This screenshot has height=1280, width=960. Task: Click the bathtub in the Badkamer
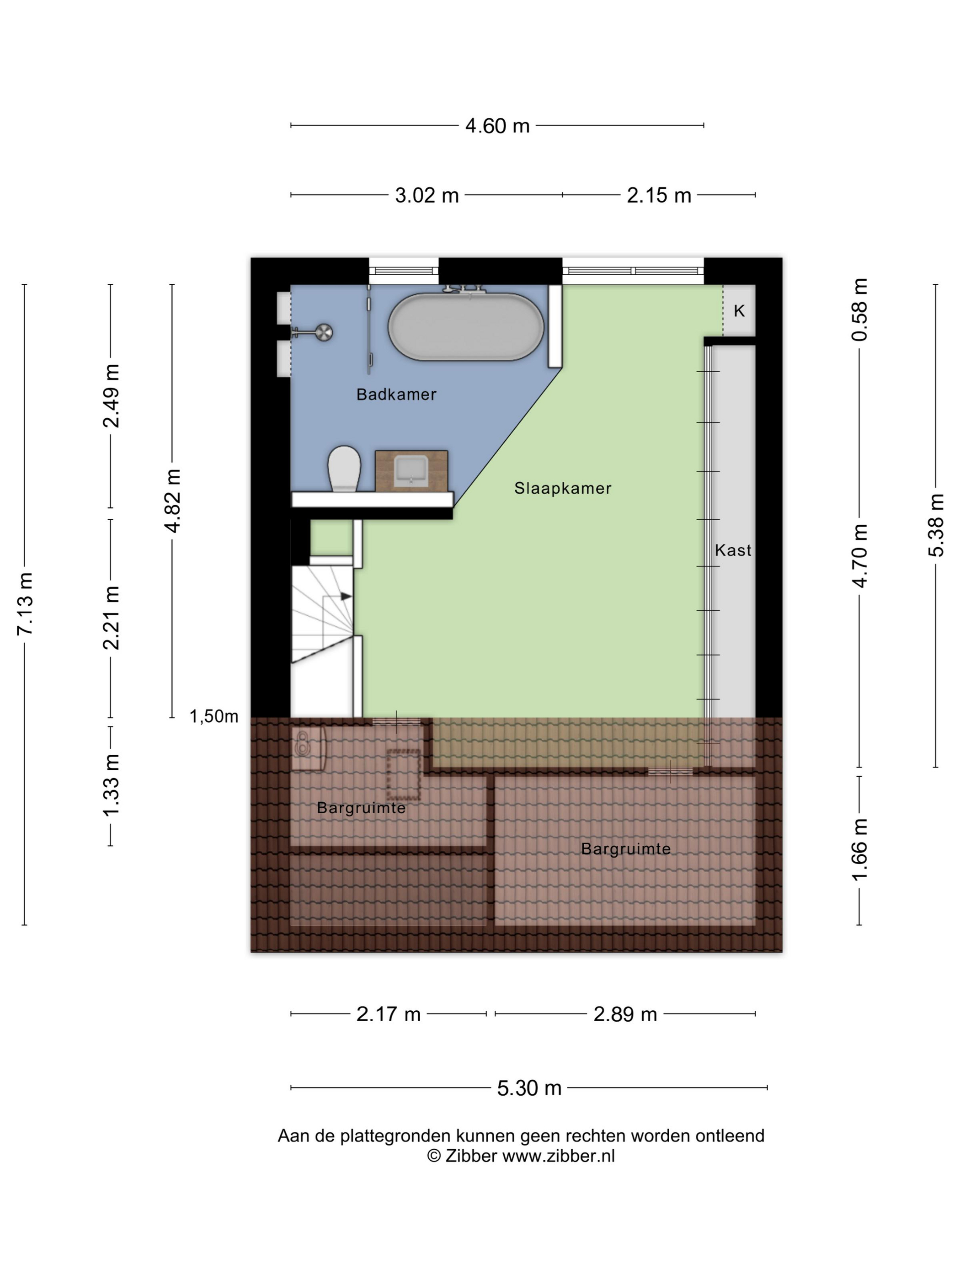pyautogui.click(x=465, y=326)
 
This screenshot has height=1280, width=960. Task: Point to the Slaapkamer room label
pyautogui.click(x=562, y=488)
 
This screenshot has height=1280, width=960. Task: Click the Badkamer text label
pyautogui.click(x=396, y=395)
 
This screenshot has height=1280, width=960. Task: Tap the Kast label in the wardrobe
pyautogui.click(x=733, y=550)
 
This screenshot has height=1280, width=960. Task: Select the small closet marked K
pyautogui.click(x=739, y=311)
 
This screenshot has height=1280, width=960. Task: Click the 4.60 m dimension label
pyautogui.click(x=497, y=126)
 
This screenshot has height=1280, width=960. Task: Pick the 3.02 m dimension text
pyautogui.click(x=427, y=196)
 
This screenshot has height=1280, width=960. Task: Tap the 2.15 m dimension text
pyautogui.click(x=659, y=196)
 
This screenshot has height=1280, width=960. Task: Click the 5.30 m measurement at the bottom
pyautogui.click(x=529, y=1088)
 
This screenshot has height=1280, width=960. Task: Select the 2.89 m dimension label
pyautogui.click(x=625, y=1014)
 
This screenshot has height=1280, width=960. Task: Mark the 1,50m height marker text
pyautogui.click(x=213, y=716)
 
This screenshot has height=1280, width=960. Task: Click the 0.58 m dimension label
pyautogui.click(x=859, y=309)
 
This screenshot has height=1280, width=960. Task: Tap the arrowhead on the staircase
pyautogui.click(x=346, y=596)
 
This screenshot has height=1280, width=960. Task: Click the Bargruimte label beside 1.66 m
pyautogui.click(x=625, y=849)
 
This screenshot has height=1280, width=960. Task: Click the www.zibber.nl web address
pyautogui.click(x=559, y=1156)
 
